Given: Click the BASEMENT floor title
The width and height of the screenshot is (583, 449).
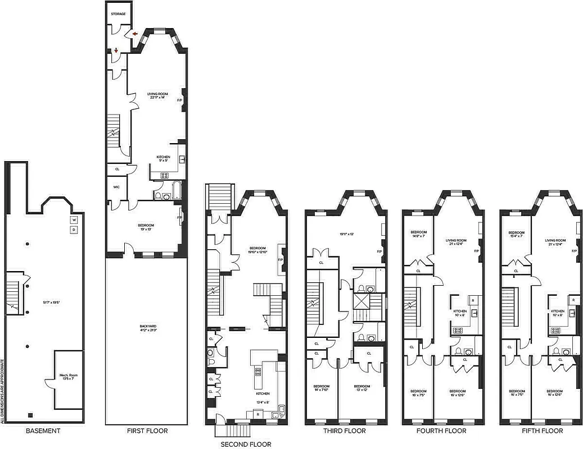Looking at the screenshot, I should pyautogui.click(x=43, y=431).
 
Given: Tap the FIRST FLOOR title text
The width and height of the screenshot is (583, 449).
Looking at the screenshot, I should pyautogui.click(x=147, y=431).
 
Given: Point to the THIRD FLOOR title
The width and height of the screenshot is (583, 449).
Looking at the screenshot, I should pyautogui.click(x=344, y=431).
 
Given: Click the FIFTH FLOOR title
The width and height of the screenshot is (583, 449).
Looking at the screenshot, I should pyautogui.click(x=541, y=431).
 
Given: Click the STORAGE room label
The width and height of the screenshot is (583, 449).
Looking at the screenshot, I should pyautogui.click(x=118, y=13).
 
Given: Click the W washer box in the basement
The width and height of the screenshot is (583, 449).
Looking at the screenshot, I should pyautogui.click(x=73, y=219).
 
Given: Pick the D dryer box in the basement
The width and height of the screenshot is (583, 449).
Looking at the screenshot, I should pyautogui.click(x=73, y=230).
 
